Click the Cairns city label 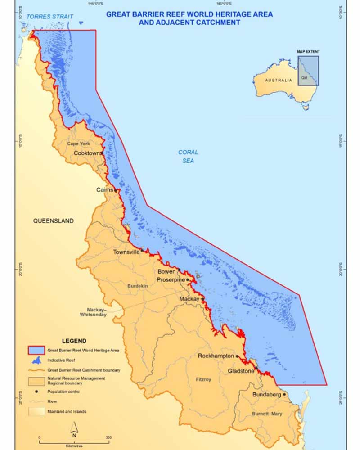point(105,190)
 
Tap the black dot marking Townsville point(142,250)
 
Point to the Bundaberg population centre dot point(284,395)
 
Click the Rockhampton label point(216,356)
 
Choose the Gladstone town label point(240,371)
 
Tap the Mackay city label point(189,299)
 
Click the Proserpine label point(171,280)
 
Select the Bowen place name point(166,272)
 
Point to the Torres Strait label point(49,17)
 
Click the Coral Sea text point(188,156)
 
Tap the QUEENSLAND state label point(53,221)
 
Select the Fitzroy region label point(203,380)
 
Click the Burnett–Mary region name point(267,414)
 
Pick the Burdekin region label point(138,286)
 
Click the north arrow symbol point(75,428)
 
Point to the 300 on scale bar point(108,437)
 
